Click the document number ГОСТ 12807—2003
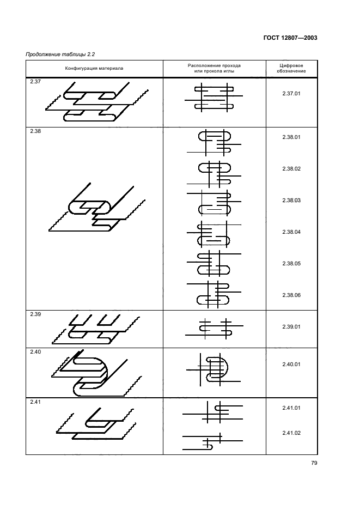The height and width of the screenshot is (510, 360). coord(290,38)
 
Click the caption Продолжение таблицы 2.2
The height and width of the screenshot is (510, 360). coord(60,54)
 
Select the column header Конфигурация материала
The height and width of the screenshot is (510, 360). coord(94,68)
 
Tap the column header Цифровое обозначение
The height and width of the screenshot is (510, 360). coord(291,68)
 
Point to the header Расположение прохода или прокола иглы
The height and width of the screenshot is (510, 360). coord(214,68)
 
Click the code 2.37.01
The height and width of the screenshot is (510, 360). coord(291,93)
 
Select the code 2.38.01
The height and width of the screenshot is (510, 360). coord(291,137)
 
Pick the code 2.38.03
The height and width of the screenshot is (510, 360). coord(291,200)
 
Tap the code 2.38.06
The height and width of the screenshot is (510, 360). coord(291,295)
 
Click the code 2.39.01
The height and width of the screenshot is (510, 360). coord(291,326)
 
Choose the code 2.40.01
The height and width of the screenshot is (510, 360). coord(291,365)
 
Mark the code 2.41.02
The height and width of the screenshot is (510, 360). coord(291,433)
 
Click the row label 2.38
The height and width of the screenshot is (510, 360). coord(35,131)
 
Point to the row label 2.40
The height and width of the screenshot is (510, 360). coord(35,351)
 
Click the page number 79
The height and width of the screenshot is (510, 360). coord(314,463)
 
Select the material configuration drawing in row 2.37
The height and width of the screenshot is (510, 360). coord(97,101)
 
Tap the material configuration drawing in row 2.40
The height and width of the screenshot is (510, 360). coord(96,373)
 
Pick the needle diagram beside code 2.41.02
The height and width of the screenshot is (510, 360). coord(213,441)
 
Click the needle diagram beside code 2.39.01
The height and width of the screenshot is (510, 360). coord(214,329)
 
